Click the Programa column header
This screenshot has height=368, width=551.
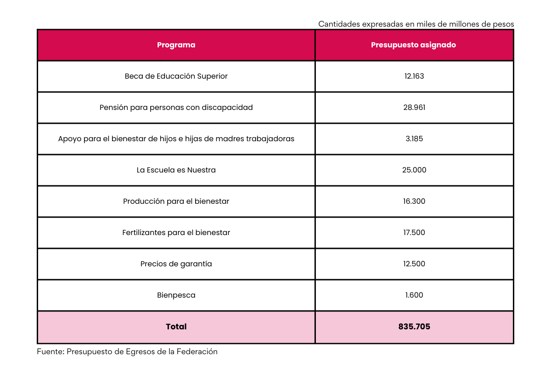tap(176, 45)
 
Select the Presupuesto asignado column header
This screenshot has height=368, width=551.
tap(413, 45)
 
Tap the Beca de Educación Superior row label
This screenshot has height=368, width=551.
tap(176, 76)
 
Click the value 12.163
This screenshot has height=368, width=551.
tap(414, 76)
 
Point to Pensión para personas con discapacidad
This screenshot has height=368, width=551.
tap(176, 108)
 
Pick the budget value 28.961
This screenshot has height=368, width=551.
tap(414, 108)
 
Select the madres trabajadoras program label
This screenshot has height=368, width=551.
tap(176, 139)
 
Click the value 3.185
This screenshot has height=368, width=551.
tap(414, 139)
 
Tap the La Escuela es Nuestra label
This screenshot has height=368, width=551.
tap(176, 170)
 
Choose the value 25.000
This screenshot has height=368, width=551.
tap(414, 170)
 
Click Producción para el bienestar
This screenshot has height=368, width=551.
tap(176, 201)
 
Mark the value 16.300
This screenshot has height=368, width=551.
tap(414, 201)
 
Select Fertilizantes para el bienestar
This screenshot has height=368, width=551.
tap(176, 233)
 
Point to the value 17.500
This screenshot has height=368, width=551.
tap(414, 233)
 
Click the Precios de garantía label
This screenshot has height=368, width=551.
tap(176, 264)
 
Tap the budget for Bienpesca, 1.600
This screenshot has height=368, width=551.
tap(414, 295)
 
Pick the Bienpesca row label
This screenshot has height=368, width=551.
tap(176, 295)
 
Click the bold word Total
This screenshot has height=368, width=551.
tap(176, 327)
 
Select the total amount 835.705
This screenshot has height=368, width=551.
tap(414, 327)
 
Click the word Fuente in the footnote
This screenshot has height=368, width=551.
tap(50, 352)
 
